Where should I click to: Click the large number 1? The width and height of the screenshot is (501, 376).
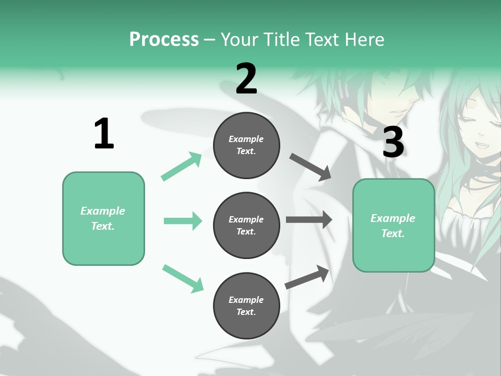point(104,134)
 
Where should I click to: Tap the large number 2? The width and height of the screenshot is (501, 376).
point(246,79)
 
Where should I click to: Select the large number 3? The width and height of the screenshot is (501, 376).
point(393,143)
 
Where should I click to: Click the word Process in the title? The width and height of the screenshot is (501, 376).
point(164,39)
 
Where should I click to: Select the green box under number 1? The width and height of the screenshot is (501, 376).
point(103,218)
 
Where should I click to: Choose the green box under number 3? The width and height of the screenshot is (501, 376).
point(393,226)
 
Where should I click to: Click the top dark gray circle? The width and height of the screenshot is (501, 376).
point(246,145)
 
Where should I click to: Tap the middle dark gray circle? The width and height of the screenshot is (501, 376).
point(246,226)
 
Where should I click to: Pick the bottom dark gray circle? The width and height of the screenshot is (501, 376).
point(246,306)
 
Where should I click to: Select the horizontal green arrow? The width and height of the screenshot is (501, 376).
point(183,221)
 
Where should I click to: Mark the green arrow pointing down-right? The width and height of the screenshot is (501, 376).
point(183,278)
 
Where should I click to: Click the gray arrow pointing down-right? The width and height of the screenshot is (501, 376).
point(311,167)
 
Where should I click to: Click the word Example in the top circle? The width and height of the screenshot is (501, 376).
point(246,139)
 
